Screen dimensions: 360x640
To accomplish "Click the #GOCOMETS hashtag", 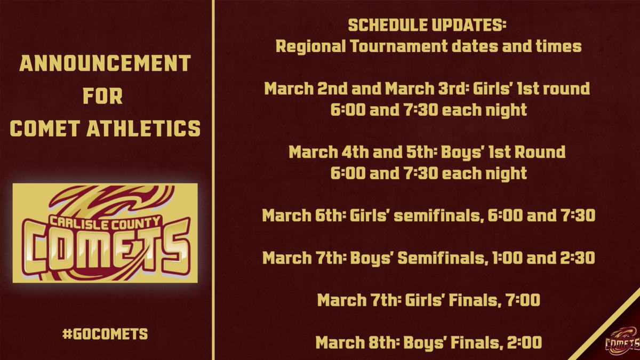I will point(105,334).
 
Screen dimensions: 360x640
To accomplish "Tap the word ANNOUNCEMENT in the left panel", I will point(105,65).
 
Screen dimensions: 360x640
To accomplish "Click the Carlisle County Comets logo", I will point(105,233).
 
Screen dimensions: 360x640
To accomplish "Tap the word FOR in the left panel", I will point(105,97).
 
